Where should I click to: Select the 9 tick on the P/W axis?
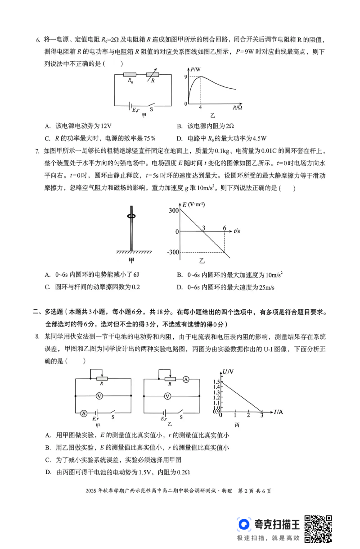pyautogui.click(x=185, y=77)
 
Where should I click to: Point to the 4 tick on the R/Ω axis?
pyautogui.click(x=200, y=108)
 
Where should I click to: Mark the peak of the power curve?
pyautogui.click(x=200, y=77)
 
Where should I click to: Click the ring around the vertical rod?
pyautogui.click(x=132, y=217)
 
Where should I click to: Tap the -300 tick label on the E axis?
pyautogui.click(x=173, y=252)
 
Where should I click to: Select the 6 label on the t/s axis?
pyautogui.click(x=224, y=227)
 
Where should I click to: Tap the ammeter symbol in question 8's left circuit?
pyautogui.click(x=83, y=413)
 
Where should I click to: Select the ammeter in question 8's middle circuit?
pyautogui.click(x=185, y=380)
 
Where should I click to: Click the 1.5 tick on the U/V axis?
pyautogui.click(x=217, y=381)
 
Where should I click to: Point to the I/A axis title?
pyautogui.click(x=278, y=412)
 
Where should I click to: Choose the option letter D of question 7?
pyautogui.click(x=179, y=287)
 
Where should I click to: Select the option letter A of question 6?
pyautogui.click(x=47, y=126)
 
